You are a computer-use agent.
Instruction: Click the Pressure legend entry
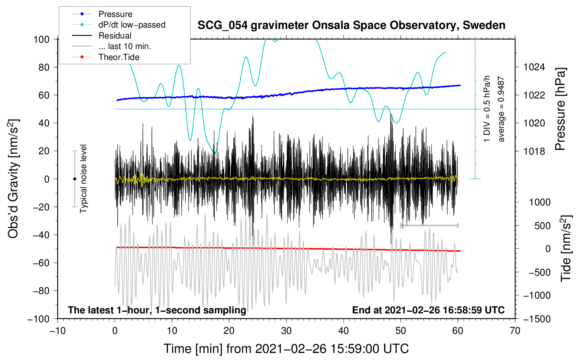[102, 14]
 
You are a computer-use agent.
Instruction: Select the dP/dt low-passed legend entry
[119, 25]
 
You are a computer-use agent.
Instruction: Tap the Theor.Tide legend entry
[106, 57]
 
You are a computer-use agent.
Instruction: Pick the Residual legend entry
[102, 36]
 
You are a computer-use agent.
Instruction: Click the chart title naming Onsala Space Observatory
[351, 25]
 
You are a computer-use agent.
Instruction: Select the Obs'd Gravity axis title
[13, 179]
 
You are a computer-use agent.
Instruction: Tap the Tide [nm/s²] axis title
[566, 248]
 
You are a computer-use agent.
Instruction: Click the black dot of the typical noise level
[74, 179]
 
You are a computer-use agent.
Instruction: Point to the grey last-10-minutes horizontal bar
[429, 225]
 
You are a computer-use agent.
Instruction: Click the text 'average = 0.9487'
[501, 109]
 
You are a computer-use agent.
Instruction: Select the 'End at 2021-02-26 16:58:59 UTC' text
[428, 310]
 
